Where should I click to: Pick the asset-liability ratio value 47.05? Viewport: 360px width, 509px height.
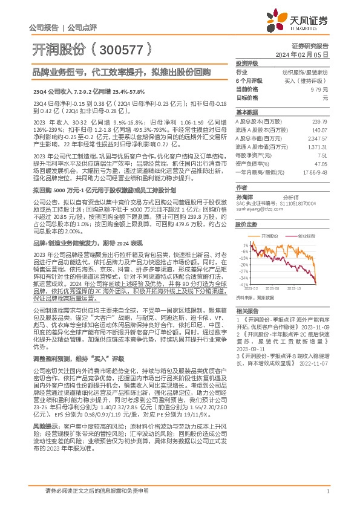[320, 163]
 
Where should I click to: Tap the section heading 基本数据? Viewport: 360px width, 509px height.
[246, 112]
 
